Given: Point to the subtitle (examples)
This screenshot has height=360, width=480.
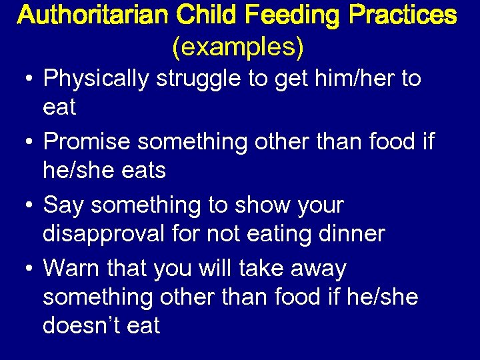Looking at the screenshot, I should click(238, 46).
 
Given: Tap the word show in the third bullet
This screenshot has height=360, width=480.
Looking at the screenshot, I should click(261, 205).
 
